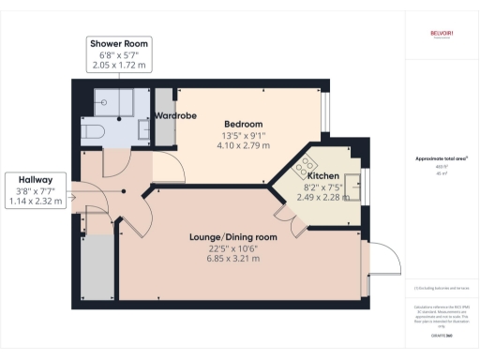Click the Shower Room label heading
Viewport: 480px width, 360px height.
point(118,44)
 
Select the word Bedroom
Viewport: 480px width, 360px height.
point(243,125)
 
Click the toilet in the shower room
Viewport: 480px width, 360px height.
point(92,132)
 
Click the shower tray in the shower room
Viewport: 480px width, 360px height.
point(117,103)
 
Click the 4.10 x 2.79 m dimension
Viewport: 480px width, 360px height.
point(243,146)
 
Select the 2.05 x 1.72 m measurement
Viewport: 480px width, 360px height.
point(118,67)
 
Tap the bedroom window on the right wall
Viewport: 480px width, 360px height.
point(323,113)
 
